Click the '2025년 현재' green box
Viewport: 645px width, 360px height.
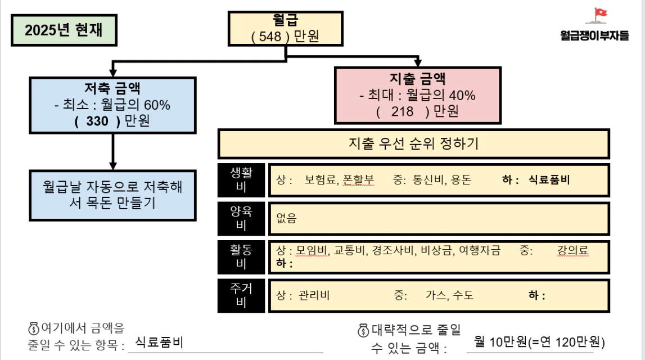click(64, 30)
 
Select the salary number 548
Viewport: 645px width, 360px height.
click(270, 36)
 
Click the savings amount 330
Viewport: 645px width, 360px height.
click(97, 121)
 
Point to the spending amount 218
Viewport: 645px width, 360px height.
click(402, 111)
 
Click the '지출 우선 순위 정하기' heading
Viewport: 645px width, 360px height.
click(413, 143)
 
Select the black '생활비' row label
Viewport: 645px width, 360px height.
click(241, 180)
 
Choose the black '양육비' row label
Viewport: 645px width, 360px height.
click(241, 218)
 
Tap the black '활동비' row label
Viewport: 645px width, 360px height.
click(241, 257)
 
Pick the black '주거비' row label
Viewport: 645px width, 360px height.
click(241, 295)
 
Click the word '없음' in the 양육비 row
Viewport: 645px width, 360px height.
click(286, 218)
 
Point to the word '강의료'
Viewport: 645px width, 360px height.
click(572, 250)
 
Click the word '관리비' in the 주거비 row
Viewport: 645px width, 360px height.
click(314, 295)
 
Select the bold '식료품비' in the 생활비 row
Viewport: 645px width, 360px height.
click(549, 180)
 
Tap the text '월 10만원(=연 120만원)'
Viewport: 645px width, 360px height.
click(539, 342)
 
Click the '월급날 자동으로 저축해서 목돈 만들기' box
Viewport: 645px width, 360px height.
click(112, 195)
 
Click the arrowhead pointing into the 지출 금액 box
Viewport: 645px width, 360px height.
click(418, 63)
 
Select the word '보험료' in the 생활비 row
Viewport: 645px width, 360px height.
click(320, 180)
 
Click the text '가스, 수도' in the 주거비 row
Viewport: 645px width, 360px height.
click(449, 295)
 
